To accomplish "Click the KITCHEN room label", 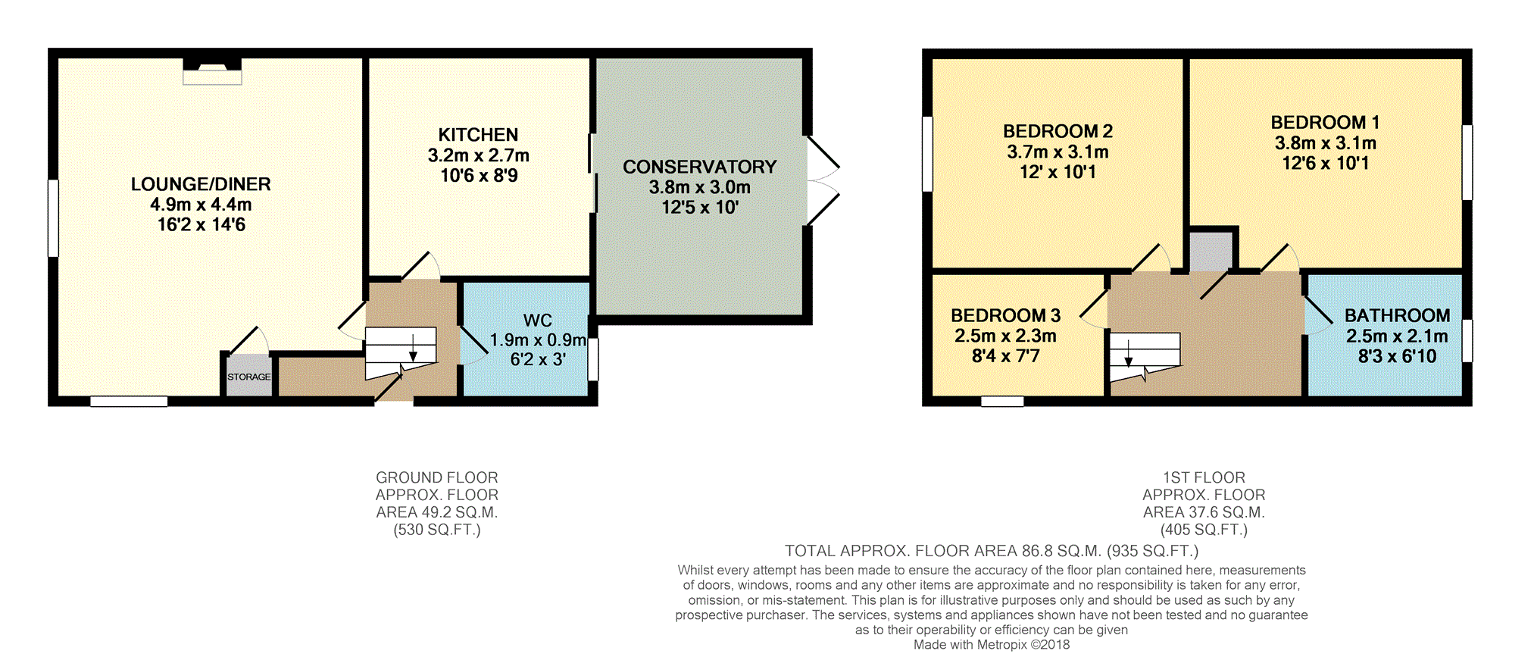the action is (x=478, y=135).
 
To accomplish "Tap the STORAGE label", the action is (x=249, y=377).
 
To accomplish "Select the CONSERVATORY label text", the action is (x=700, y=167).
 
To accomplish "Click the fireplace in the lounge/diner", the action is (x=212, y=72).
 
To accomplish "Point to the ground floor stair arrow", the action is (x=413, y=349).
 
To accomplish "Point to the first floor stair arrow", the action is (x=1129, y=353).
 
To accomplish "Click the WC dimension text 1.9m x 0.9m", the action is (x=538, y=340).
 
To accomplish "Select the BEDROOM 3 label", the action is (x=1005, y=315).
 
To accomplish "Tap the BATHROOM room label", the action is (x=1397, y=315).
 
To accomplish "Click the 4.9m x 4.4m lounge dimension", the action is (x=201, y=205).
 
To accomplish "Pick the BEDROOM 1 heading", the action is (x=1325, y=123).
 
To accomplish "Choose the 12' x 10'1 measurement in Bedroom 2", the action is (x=1058, y=172).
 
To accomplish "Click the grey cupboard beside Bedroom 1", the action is (x=1211, y=251).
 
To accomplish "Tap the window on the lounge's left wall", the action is (x=53, y=217).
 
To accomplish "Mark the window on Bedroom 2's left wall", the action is (x=927, y=154).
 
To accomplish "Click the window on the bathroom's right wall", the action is (x=1467, y=340).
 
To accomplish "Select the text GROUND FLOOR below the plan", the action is (x=437, y=477).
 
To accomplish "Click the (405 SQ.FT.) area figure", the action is (x=1204, y=530).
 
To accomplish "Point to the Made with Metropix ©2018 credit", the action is (x=992, y=645).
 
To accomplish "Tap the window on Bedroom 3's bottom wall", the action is (x=1002, y=401).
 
